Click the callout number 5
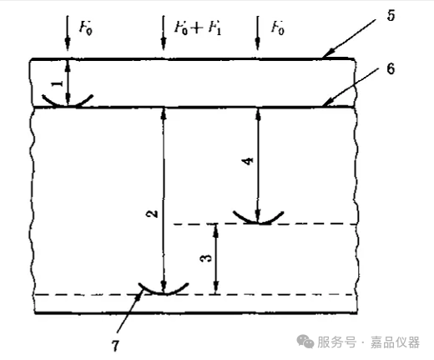[391, 15]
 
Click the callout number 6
[391, 68]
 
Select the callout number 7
[115, 346]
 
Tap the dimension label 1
[58, 84]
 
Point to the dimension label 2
[152, 214]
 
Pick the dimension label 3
[206, 259]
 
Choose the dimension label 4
[248, 161]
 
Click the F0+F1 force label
[198, 28]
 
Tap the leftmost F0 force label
[85, 28]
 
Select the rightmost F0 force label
[278, 28]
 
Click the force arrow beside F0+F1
[164, 33]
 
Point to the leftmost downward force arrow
[68, 33]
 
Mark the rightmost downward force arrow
[258, 33]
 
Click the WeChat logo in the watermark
[305, 342]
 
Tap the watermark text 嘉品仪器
[395, 342]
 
